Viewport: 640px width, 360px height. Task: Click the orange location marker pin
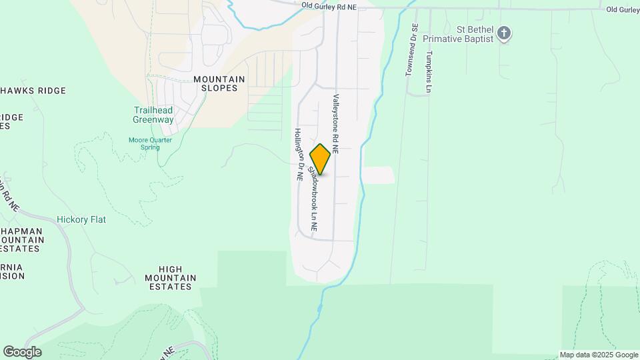point(321,159)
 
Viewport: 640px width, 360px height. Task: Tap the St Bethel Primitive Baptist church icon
point(505,33)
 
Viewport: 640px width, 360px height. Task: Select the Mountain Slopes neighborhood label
point(219,83)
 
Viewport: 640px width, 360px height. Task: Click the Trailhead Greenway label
point(153,115)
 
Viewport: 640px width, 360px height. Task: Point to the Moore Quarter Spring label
point(150,143)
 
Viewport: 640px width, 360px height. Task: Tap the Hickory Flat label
point(81,219)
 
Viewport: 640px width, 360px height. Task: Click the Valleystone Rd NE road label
point(336,124)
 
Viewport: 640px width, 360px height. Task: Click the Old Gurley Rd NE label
point(329,5)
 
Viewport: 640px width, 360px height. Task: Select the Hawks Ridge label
point(33,91)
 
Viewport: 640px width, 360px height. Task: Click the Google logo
point(22,352)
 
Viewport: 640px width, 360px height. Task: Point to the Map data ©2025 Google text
point(599,355)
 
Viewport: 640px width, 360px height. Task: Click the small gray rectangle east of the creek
point(378,175)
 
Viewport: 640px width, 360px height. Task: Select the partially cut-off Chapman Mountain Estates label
point(22,239)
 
